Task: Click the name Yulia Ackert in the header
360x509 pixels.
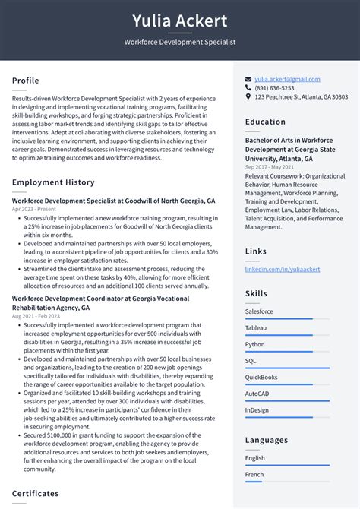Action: pos(180,21)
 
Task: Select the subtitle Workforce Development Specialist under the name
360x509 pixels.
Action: pos(180,43)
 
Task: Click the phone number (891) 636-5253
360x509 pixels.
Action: pos(274,88)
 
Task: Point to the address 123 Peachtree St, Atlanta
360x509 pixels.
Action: pos(301,97)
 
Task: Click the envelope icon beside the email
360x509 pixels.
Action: pos(248,79)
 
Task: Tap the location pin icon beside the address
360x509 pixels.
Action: pos(248,97)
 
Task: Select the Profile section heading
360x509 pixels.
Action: pos(26,81)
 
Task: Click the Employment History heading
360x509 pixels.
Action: pos(53,182)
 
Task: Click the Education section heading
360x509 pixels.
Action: pos(265,122)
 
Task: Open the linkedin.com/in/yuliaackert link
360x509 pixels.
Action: pos(283,270)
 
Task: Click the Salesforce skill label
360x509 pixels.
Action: pos(259,311)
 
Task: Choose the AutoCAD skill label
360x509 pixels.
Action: pos(257,394)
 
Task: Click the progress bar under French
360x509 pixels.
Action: pos(254,481)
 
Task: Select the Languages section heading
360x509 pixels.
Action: pos(267,440)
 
